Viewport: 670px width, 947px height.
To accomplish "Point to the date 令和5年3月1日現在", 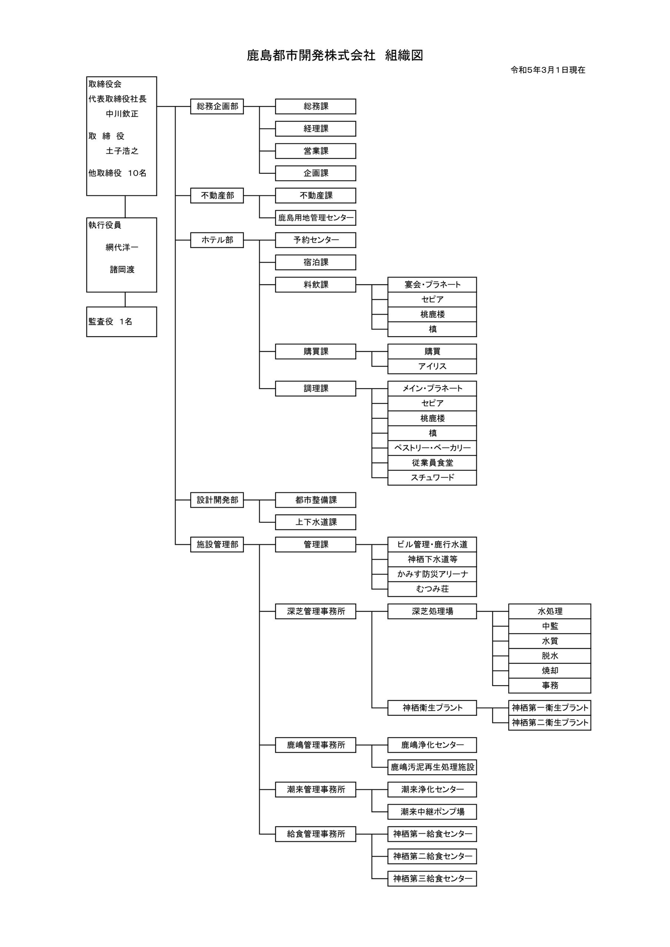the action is (x=548, y=70).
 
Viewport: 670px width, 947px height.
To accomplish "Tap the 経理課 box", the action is (x=315, y=129).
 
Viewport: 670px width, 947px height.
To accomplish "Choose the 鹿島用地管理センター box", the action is (x=315, y=218).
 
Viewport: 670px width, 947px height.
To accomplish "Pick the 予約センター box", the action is (x=315, y=240).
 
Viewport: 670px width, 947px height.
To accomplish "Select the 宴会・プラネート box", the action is (x=432, y=284).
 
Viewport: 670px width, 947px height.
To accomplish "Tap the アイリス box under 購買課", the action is (x=432, y=366).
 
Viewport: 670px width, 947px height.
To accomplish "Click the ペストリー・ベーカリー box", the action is (x=432, y=448).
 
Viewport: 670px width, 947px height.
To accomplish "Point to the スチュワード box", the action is (x=432, y=478).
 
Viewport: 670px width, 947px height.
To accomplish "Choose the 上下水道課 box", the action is (x=315, y=522).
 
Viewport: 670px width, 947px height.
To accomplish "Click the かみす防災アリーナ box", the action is (x=432, y=574).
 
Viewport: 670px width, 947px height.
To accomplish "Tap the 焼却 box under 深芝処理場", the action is (x=549, y=671).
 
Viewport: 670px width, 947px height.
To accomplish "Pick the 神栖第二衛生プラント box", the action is (x=549, y=722).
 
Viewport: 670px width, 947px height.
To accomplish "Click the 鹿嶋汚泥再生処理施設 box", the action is (x=432, y=767).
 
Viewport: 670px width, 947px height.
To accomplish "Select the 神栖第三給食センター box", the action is (x=432, y=879).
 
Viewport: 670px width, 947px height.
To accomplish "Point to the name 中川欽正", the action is (x=122, y=114).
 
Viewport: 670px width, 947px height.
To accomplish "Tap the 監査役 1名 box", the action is (x=121, y=322).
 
